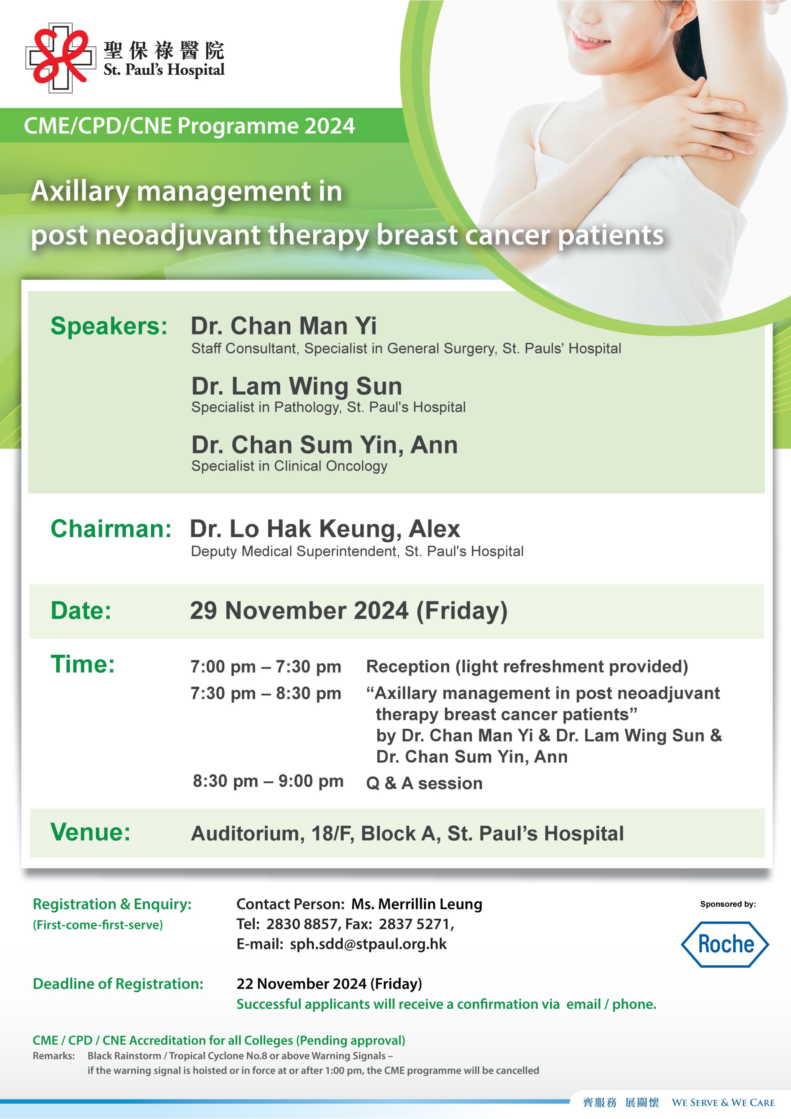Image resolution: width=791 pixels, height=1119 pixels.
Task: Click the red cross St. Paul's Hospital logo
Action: (61, 58)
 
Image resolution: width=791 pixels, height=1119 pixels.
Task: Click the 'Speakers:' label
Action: (109, 326)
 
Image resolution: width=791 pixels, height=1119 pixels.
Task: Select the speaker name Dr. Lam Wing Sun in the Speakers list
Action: (297, 386)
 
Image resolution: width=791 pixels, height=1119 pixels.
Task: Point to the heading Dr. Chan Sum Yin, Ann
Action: (324, 444)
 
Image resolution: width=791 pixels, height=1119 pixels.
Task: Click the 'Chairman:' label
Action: (111, 529)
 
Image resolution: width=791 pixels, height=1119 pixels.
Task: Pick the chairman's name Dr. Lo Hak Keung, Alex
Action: (325, 529)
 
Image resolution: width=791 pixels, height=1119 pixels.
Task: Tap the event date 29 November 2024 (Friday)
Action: (349, 611)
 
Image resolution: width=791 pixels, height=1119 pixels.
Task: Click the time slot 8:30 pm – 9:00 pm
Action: (268, 781)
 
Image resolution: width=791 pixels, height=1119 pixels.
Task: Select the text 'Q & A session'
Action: (424, 783)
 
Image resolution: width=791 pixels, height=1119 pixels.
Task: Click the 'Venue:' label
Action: (91, 832)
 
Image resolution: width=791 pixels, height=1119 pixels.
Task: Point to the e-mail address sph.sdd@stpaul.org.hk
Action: (368, 944)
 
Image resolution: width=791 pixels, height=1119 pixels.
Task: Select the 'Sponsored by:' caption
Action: (728, 904)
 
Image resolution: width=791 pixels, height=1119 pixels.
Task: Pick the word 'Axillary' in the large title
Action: (80, 192)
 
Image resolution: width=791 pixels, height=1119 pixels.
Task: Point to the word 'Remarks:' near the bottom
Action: (54, 1056)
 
